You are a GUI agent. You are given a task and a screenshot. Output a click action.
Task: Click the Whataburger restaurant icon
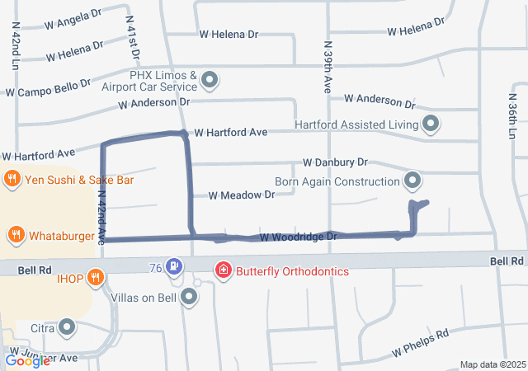coord(16,236)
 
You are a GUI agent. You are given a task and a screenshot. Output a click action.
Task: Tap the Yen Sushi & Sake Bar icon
coord(12,178)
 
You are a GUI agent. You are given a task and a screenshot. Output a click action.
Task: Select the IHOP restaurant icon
coord(97,278)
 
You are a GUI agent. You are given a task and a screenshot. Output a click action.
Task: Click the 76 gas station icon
coord(174,266)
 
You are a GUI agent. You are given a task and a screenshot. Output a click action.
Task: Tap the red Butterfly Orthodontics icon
coord(222,270)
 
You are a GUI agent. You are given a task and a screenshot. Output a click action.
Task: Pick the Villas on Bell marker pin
coord(190,296)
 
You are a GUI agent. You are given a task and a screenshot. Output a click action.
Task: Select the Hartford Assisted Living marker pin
coord(430,124)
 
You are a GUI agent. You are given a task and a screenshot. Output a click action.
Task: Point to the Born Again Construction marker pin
coord(412,180)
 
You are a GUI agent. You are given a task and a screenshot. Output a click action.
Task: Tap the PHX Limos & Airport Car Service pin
coord(210,80)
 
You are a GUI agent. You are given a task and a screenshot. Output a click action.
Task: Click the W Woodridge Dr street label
coord(299,237)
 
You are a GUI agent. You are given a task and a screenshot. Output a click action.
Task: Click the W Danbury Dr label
coord(335,163)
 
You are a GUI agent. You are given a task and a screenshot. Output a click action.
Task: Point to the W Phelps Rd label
coord(420,343)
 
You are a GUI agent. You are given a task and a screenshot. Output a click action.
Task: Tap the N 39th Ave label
coord(328,68)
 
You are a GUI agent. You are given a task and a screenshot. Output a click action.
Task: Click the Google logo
coord(27,361)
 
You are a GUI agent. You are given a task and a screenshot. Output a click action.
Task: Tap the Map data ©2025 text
coord(491,364)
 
